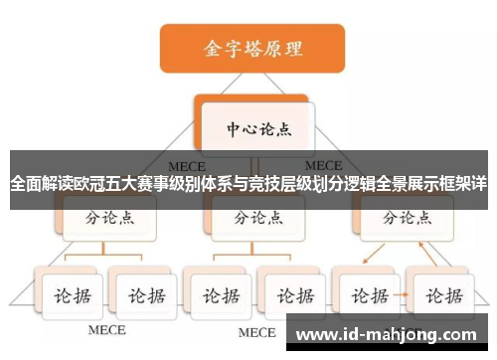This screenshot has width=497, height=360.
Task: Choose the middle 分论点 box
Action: tap(255, 218)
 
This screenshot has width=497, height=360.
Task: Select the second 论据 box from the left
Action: tap(141, 295)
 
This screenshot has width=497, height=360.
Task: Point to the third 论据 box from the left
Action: tap(219, 295)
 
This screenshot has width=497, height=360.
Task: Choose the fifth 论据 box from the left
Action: tap(368, 295)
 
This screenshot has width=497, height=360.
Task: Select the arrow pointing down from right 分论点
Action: tap(370, 255)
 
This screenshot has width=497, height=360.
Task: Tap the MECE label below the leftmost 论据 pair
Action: tap(107, 329)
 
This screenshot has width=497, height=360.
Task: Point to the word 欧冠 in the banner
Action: tap(100, 185)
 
